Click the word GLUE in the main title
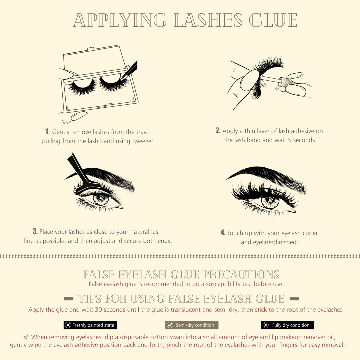pos(273,20)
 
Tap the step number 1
pos(47,131)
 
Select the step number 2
pos(218,130)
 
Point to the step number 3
pos(35,231)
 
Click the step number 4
pos(223,232)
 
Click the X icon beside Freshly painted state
pos(68,325)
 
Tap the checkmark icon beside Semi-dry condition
pos(170,325)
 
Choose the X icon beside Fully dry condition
pos(266,325)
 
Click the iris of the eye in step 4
pos(270,201)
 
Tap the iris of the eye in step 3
pos(101,199)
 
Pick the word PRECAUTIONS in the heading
pos(241,275)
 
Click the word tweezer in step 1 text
pos(143,141)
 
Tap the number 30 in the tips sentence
pos(98,309)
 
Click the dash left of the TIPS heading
pos(69,299)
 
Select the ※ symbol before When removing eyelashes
pos(26,337)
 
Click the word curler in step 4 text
pos(310,233)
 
